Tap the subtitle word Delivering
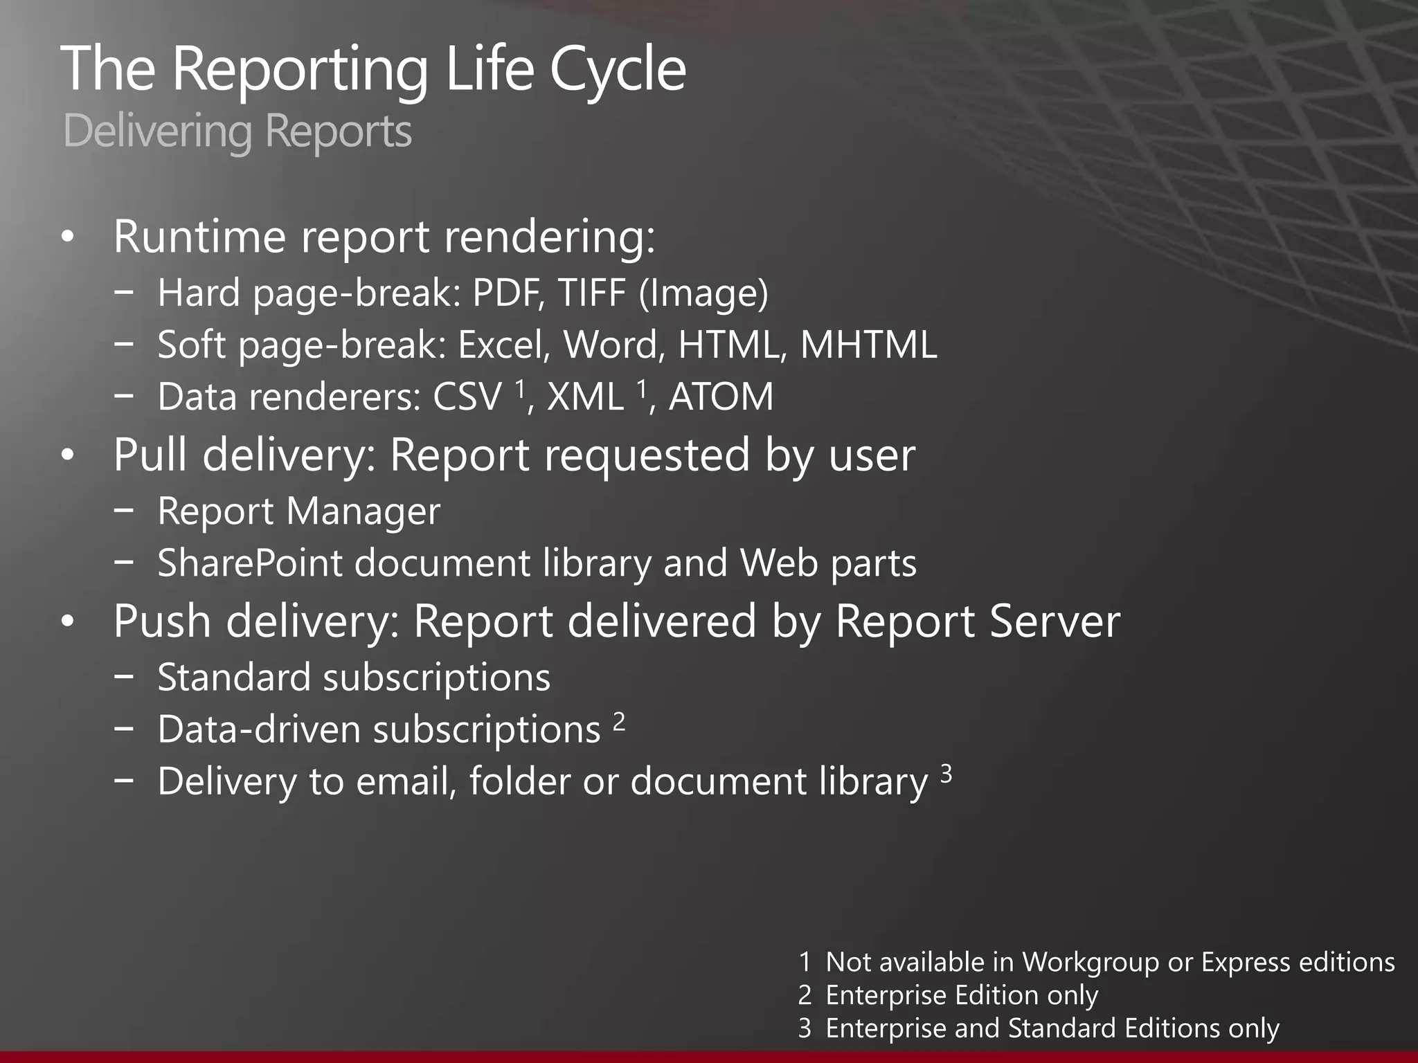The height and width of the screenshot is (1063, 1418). point(157,131)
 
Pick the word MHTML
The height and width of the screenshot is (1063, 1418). point(868,345)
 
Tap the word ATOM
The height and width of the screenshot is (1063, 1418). point(721,397)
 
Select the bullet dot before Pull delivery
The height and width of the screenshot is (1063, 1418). point(67,457)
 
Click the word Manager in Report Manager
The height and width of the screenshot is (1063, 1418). point(363,511)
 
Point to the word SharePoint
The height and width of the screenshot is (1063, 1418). point(250,563)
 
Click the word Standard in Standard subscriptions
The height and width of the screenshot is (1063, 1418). point(234,677)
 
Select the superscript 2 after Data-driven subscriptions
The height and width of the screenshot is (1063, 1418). point(619,722)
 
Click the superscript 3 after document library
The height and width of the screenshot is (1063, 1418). point(946,773)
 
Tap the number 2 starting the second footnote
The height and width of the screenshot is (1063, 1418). point(805,995)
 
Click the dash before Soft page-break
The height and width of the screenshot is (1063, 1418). point(125,344)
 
